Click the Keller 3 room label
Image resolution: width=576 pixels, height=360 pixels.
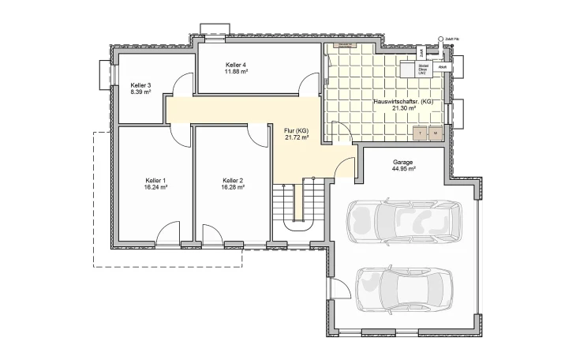click(140, 84)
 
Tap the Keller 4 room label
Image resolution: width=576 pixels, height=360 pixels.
click(236, 65)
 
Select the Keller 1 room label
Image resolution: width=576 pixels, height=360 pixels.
click(155, 180)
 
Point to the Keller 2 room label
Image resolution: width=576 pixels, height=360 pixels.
click(233, 180)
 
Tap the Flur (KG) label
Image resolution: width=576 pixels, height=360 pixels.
click(296, 129)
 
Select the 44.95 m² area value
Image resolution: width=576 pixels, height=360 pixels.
click(403, 168)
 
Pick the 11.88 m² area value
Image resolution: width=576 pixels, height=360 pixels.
click(236, 72)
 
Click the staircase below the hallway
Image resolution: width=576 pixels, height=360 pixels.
click(298, 202)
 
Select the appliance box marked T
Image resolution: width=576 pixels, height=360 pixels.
click(421, 133)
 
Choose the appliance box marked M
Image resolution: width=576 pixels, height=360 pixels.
click(435, 133)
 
